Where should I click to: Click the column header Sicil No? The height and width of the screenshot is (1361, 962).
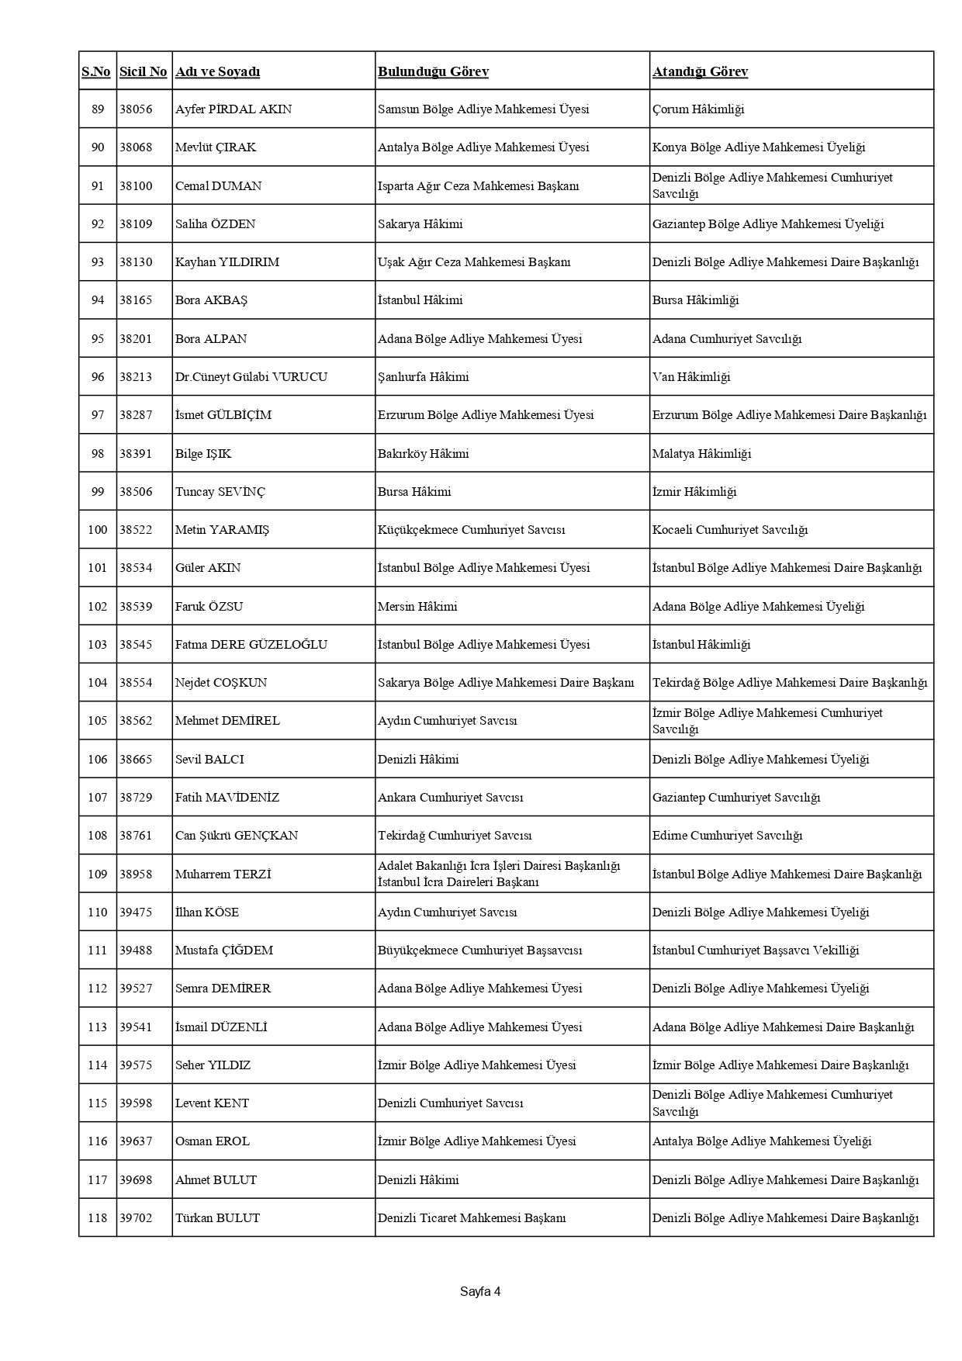[143, 71]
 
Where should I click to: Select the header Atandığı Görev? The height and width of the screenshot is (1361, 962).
[700, 71]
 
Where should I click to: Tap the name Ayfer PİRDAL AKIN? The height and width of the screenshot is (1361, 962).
[234, 109]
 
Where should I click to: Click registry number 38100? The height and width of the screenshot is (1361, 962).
[136, 185]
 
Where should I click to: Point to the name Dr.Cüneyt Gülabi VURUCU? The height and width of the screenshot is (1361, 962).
[251, 377]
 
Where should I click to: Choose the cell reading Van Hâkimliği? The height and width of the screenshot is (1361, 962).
[691, 377]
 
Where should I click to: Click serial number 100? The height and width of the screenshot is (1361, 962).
[98, 530]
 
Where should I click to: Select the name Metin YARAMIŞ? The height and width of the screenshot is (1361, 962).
[222, 530]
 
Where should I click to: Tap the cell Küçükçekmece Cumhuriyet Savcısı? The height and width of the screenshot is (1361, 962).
[471, 530]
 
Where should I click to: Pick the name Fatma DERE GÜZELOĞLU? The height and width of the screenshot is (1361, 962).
[251, 645]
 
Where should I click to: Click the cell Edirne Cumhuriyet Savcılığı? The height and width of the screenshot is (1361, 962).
[727, 836]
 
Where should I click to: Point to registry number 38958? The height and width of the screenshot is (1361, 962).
[136, 874]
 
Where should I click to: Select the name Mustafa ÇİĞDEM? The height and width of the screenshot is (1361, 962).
[224, 951]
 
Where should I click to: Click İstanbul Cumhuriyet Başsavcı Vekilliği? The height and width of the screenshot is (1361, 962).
[756, 951]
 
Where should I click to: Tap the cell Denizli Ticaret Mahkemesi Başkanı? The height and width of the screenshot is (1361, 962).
[472, 1218]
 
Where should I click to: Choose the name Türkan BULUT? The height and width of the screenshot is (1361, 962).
[217, 1218]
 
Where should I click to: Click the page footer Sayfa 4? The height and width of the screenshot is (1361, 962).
[480, 1292]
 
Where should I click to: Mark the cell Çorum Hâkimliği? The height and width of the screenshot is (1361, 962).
[698, 109]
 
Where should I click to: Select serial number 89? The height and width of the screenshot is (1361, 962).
[98, 109]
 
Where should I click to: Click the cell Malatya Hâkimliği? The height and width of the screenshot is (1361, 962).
[701, 454]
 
